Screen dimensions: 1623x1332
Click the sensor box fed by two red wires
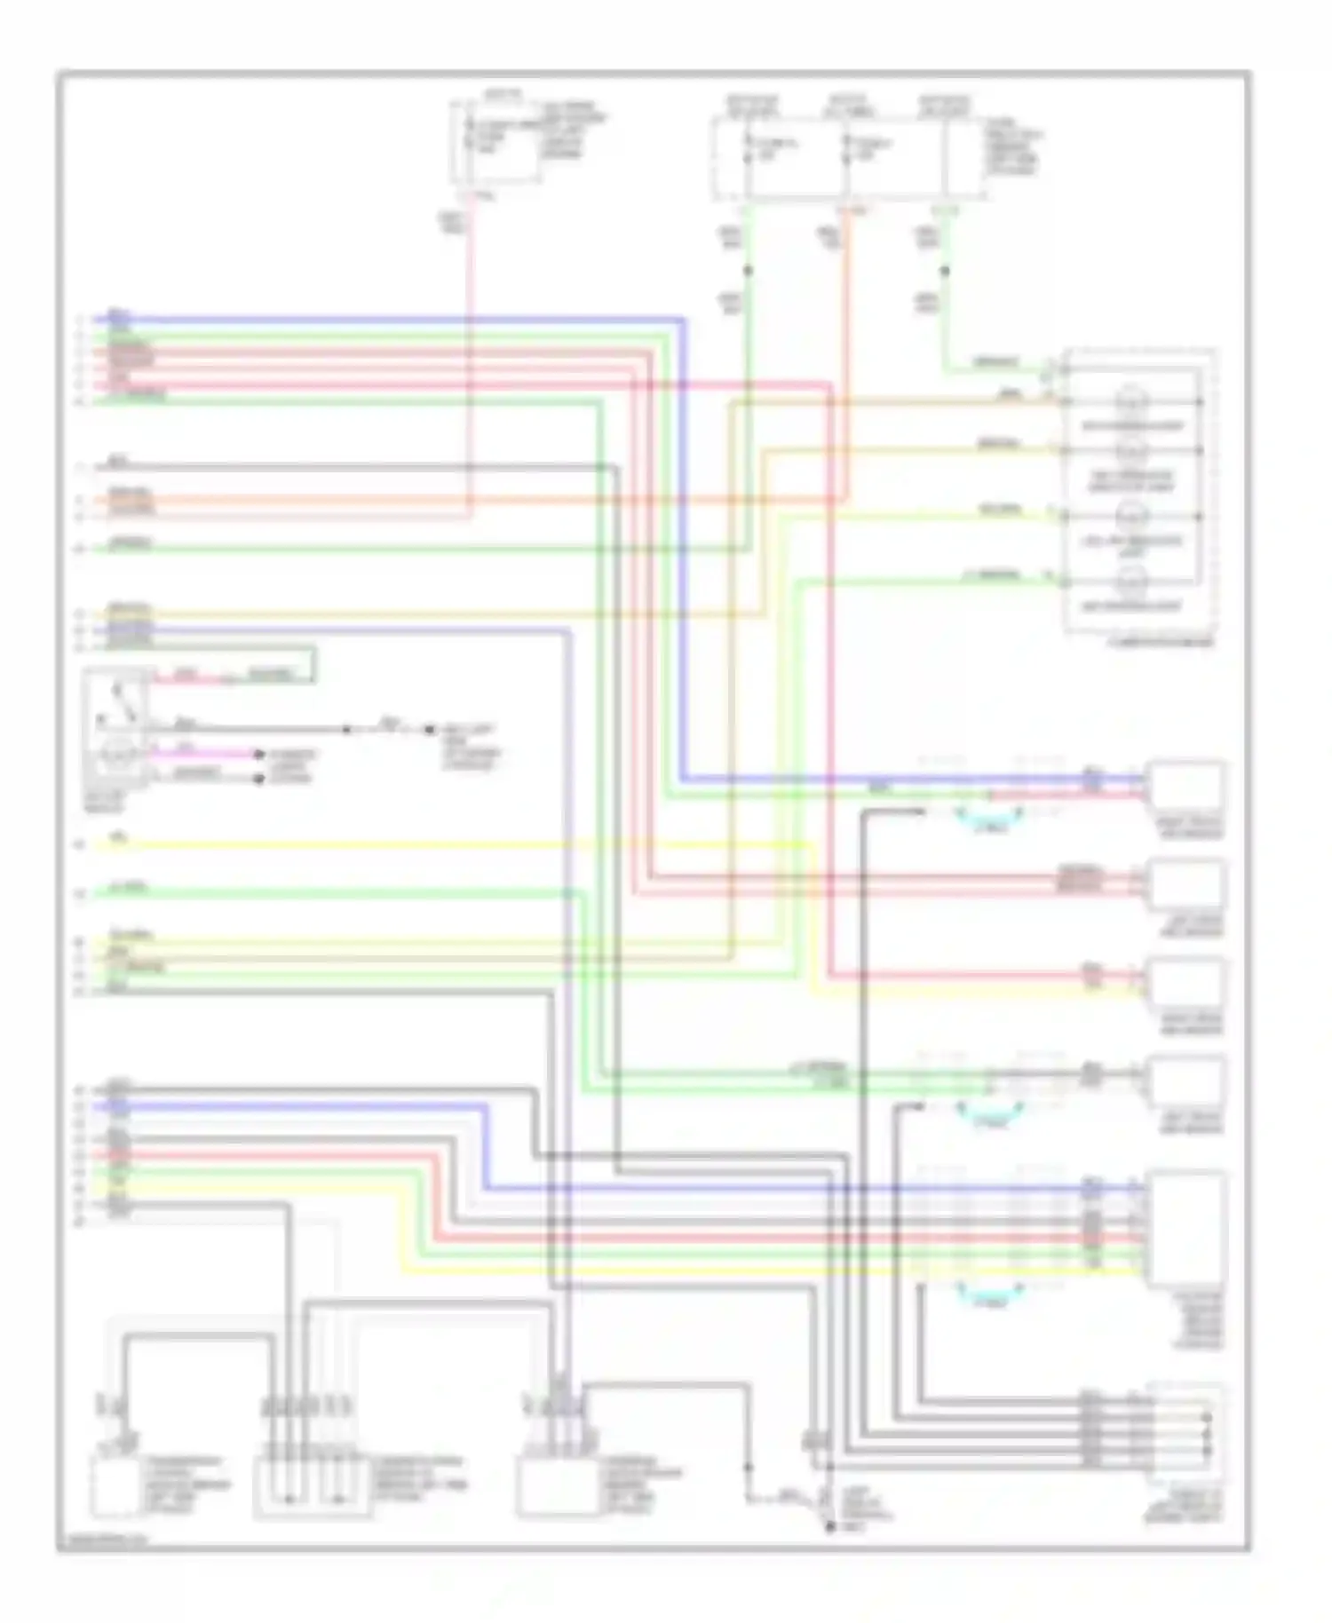click(1185, 884)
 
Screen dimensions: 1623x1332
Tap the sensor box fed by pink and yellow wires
click(1185, 982)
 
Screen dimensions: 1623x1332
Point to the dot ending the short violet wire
click(258, 756)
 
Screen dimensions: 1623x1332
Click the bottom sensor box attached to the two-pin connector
click(115, 1485)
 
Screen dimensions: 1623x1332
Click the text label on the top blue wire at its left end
click(118, 315)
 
